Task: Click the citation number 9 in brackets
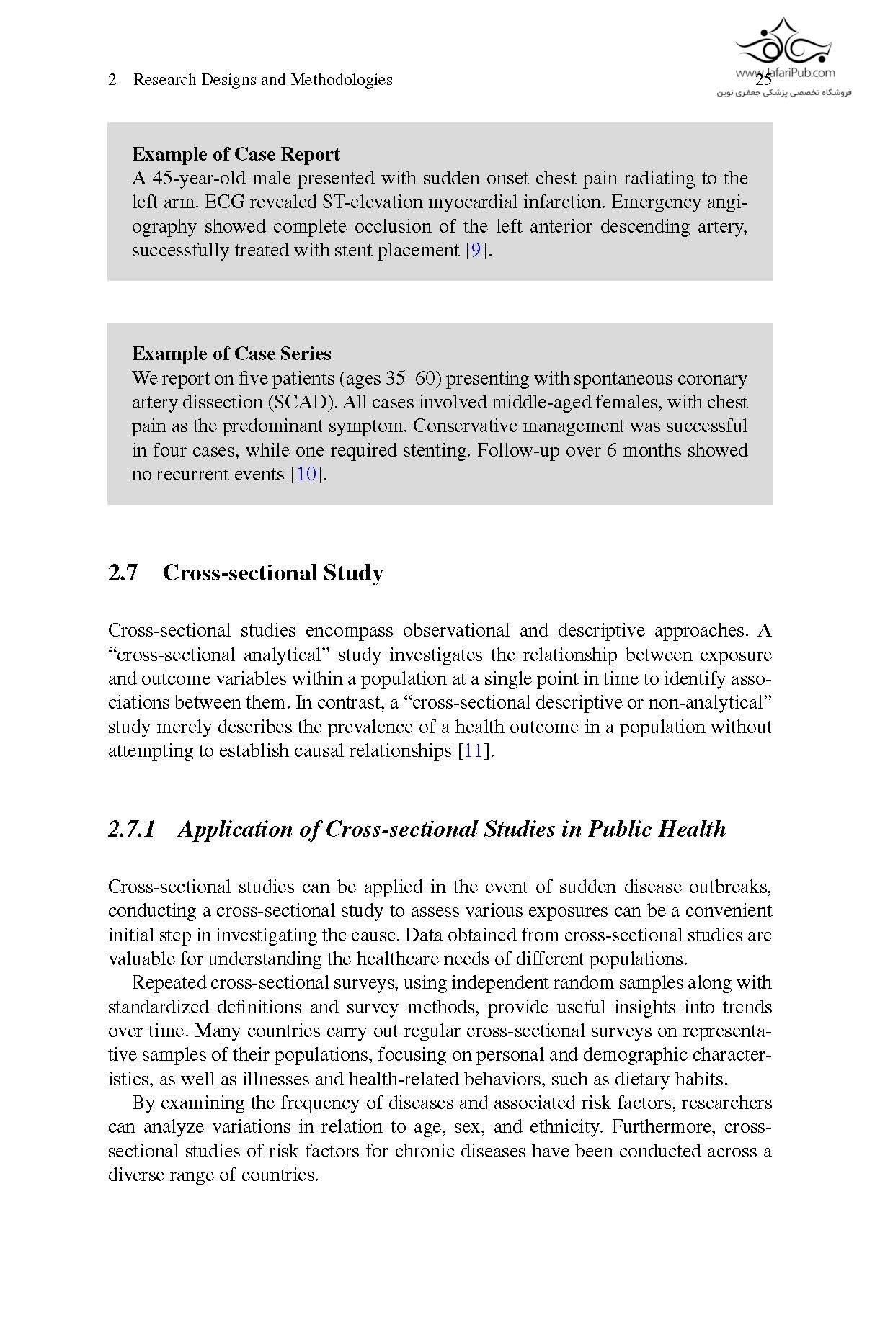pos(475,251)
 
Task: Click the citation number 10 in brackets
pos(306,475)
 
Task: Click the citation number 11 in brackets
pos(473,751)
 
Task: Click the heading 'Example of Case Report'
pos(236,154)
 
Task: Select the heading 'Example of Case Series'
pos(231,354)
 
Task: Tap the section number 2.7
pos(123,573)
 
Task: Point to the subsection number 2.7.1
pos(131,830)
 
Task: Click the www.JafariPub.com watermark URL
pos(785,73)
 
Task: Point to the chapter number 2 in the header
pos(112,80)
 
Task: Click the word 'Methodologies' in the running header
pos(341,80)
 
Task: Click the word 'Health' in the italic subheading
pos(692,830)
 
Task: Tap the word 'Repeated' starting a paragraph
pos(169,983)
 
